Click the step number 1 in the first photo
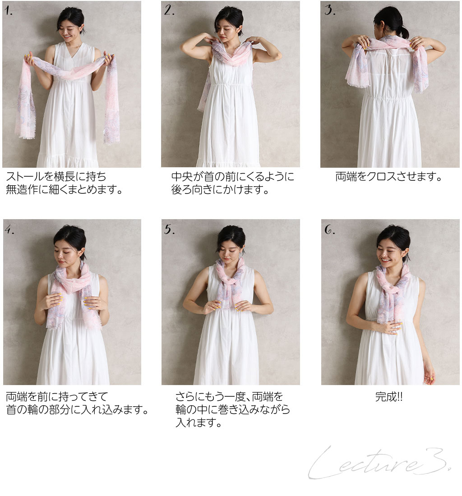click(9, 11)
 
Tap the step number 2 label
click(169, 10)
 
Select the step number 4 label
click(9, 230)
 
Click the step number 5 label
click(169, 230)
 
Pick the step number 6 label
click(330, 230)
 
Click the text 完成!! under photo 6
click(389, 397)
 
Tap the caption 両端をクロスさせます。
click(389, 176)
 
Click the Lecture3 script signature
click(380, 463)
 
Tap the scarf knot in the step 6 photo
click(391, 287)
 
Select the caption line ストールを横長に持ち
click(56, 176)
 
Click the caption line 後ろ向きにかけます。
click(220, 189)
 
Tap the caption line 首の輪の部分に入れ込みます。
click(78, 409)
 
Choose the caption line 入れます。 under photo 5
click(199, 423)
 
